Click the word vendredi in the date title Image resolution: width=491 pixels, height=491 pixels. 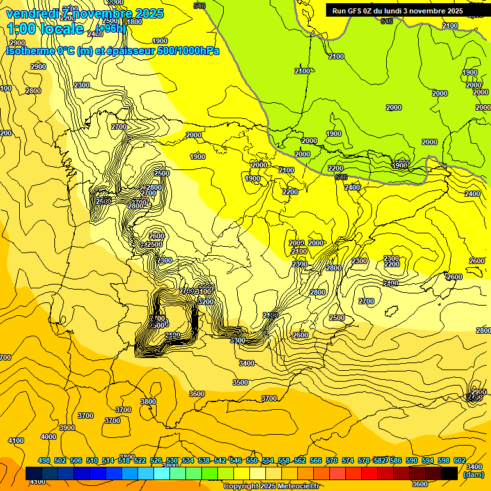(32, 13)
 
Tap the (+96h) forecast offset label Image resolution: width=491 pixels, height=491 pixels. (111, 28)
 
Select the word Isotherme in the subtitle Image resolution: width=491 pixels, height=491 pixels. (29, 51)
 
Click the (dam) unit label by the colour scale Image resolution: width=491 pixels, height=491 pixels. (474, 474)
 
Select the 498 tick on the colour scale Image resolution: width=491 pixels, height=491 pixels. (44, 460)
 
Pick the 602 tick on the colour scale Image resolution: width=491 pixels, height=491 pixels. (460, 460)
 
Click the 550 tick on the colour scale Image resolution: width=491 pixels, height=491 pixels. (252, 460)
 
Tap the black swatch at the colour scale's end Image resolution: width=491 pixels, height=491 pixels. (449, 473)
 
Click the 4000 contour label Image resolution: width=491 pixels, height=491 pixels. (49, 437)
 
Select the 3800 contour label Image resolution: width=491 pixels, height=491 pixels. (148, 401)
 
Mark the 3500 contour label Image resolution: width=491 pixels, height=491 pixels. (240, 382)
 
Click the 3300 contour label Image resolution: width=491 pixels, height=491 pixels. (238, 341)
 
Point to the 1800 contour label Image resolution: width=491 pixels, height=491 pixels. (134, 22)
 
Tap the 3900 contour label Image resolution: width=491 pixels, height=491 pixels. (66, 428)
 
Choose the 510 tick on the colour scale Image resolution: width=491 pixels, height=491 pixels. (92, 460)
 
